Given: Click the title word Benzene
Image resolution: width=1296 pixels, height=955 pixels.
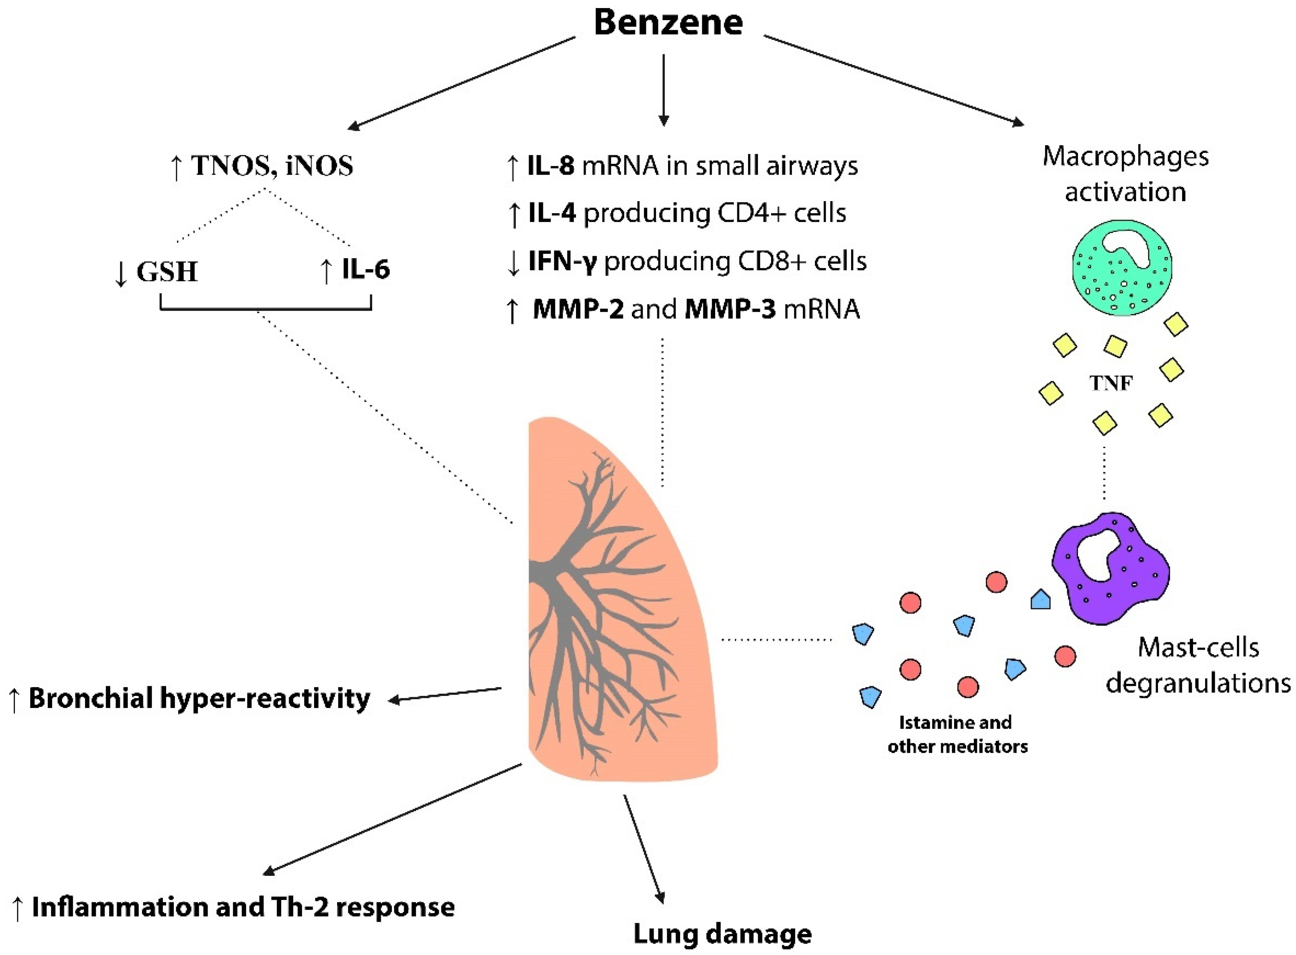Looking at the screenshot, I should [x=668, y=23].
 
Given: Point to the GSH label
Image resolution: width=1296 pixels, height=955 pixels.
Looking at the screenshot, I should [x=167, y=272].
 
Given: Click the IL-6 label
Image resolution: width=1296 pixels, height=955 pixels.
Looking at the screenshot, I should [x=365, y=270].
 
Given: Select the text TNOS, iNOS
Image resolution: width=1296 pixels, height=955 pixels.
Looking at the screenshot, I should [x=272, y=166].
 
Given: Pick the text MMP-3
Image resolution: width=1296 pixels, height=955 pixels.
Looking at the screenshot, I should [x=730, y=309].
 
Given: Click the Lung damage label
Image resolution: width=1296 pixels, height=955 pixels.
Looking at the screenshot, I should [x=722, y=934].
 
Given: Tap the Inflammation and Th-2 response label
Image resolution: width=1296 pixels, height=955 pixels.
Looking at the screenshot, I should [x=243, y=906].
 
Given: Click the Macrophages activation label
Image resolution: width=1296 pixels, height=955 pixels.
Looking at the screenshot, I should [x=1125, y=173].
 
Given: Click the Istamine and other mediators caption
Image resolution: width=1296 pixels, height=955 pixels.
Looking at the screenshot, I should [x=957, y=734].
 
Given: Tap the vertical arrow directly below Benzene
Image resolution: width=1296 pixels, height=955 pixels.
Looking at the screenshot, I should [x=664, y=90].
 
